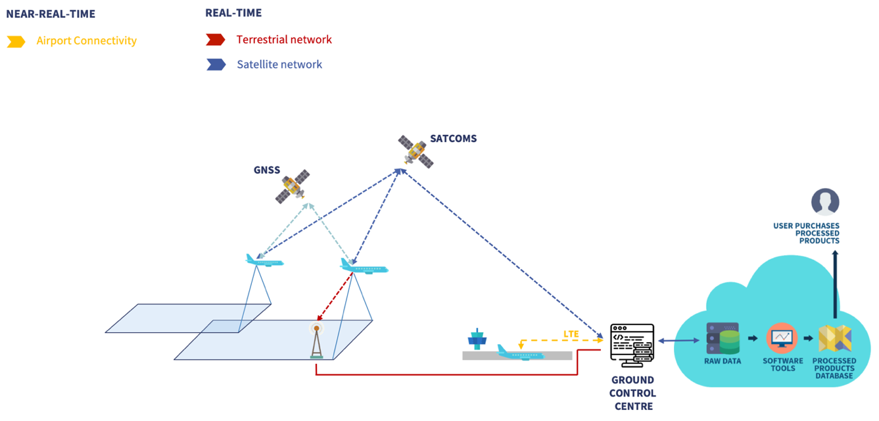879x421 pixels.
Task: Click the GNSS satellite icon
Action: (x=293, y=187)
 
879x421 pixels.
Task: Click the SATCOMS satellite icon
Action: (x=416, y=152)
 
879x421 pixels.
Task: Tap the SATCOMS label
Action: (x=453, y=139)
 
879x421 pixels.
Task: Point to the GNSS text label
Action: (x=267, y=170)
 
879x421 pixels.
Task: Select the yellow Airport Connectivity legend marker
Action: (x=16, y=41)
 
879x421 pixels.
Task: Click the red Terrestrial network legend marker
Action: (x=216, y=39)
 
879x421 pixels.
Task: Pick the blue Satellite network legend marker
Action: (x=216, y=64)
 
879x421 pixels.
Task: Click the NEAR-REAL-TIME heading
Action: (x=51, y=14)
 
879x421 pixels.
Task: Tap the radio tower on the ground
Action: (x=317, y=341)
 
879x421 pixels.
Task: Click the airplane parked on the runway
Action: (x=520, y=353)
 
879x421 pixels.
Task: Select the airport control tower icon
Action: (x=477, y=339)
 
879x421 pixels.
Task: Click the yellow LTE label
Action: (x=571, y=334)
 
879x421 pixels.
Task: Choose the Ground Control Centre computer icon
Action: (x=632, y=345)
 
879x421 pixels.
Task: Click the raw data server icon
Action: (x=723, y=338)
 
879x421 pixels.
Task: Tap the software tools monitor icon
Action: (x=782, y=337)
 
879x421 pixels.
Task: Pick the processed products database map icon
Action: (x=835, y=338)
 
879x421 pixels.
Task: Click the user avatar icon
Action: (x=825, y=202)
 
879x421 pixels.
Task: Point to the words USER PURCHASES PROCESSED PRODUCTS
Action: (x=807, y=234)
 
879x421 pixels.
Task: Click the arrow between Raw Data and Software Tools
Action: (x=753, y=338)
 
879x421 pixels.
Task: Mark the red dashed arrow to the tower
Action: (x=335, y=297)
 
